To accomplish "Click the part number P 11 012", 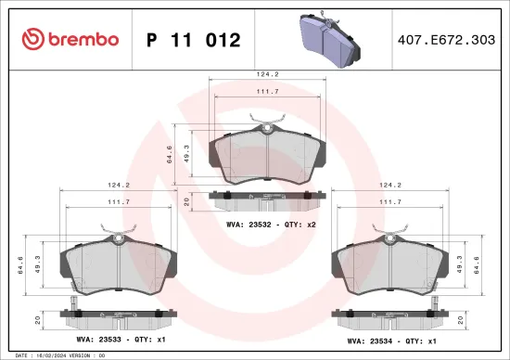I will point(194,40).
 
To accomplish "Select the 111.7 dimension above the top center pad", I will point(267,92).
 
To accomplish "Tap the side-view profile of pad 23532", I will point(267,197).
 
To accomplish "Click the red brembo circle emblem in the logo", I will point(33,40).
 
